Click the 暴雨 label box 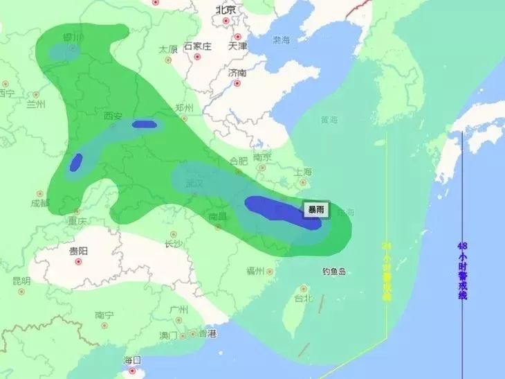(x=315, y=209)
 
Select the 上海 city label (x=303, y=172)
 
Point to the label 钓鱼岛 (x=333, y=272)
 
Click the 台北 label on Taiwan (x=304, y=299)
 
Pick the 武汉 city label (x=196, y=184)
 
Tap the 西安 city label (x=113, y=116)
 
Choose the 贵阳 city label (x=78, y=251)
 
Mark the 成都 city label (x=40, y=203)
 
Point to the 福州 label (x=256, y=271)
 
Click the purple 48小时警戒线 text (x=462, y=270)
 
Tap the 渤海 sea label (x=282, y=40)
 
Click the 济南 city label (x=237, y=73)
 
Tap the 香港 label (x=207, y=334)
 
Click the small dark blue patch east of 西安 (x=145, y=125)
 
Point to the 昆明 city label (x=21, y=281)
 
